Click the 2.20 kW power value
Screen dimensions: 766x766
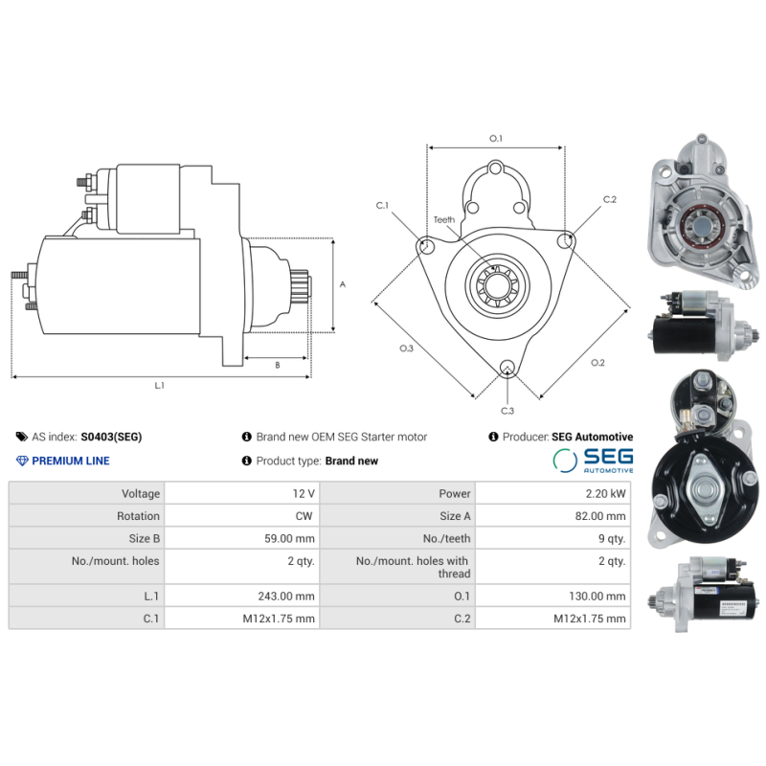tap(606, 493)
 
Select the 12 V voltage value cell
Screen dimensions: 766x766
tap(304, 493)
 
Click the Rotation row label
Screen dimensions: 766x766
tap(138, 516)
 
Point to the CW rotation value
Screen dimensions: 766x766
tap(305, 516)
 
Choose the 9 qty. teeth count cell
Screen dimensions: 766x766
tap(608, 539)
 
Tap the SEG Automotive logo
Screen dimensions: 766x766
tap(593, 461)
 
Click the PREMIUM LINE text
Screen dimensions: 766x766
tap(71, 461)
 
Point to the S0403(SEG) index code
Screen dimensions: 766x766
tap(111, 437)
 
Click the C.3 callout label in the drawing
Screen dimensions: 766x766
tap(507, 411)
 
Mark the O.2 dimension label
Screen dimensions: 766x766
tap(597, 363)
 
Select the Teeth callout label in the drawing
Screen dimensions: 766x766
tap(444, 220)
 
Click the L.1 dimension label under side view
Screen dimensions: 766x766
tap(160, 385)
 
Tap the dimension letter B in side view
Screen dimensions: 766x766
tap(277, 365)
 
